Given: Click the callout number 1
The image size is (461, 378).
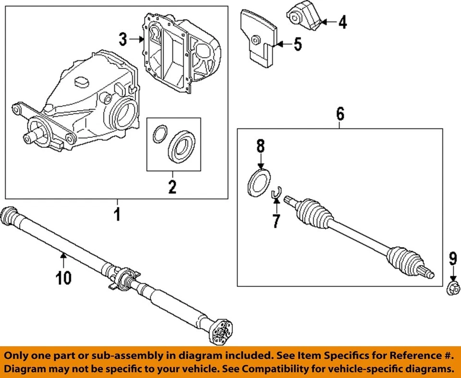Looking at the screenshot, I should coord(117,214).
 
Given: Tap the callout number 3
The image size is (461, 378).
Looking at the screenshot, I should coord(123,39).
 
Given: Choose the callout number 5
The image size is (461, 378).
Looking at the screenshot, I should coord(298,45).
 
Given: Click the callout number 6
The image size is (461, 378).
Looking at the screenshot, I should coord(340,114).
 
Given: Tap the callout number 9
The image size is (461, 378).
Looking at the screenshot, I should coord(452,260).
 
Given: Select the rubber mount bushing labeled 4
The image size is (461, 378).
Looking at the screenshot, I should coord(304,17).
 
